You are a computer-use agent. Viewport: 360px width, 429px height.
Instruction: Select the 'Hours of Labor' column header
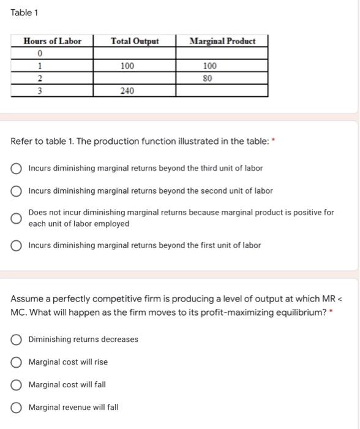click(x=52, y=41)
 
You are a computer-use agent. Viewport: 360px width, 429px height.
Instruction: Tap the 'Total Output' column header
click(x=135, y=41)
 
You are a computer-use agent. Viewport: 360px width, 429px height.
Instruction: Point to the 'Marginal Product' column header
click(x=222, y=41)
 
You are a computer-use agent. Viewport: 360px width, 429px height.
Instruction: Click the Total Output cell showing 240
click(x=127, y=91)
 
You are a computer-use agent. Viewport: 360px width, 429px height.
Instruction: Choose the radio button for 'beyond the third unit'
click(x=17, y=169)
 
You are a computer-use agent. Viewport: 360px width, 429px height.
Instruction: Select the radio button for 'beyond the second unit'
click(x=17, y=191)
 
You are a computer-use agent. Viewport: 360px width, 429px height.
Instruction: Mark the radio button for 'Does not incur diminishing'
click(x=17, y=218)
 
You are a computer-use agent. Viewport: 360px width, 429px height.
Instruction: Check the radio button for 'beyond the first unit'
click(x=17, y=246)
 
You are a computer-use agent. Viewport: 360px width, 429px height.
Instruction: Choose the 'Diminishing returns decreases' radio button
click(x=17, y=340)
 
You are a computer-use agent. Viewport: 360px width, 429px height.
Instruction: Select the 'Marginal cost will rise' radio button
click(x=17, y=362)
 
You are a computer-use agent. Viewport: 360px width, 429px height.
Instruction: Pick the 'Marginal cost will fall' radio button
click(x=17, y=385)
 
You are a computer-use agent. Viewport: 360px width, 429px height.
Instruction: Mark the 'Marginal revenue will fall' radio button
click(x=17, y=408)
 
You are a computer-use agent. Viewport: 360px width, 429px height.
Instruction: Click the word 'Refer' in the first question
click(x=22, y=142)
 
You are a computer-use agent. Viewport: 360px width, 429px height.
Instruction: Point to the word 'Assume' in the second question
click(x=28, y=298)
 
